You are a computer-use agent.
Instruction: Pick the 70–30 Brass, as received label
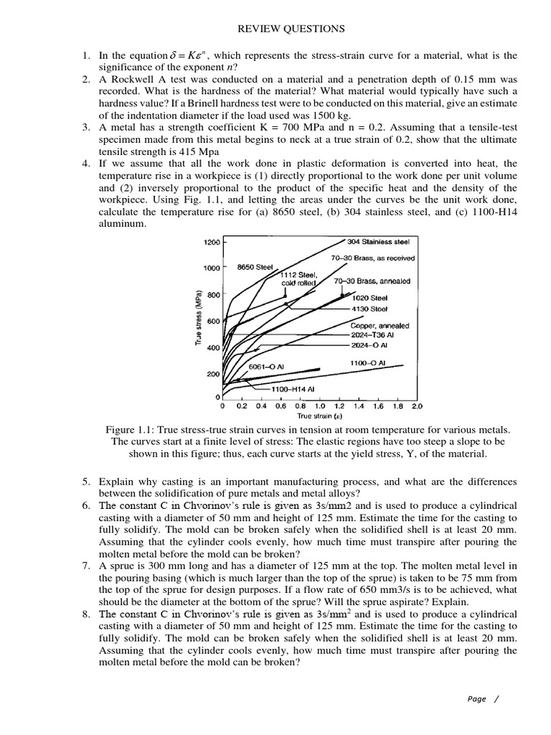point(373,258)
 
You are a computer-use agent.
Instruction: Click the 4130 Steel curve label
point(369,309)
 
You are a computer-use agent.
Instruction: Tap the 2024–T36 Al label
point(372,334)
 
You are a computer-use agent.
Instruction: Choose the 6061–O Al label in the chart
point(266,367)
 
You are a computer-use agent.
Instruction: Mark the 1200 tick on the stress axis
point(212,243)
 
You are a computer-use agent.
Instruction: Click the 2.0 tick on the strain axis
point(416,406)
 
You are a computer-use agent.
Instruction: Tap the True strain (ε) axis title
point(319,416)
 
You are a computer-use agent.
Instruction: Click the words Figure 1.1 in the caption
point(128,429)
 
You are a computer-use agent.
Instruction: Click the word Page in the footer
point(476,698)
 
